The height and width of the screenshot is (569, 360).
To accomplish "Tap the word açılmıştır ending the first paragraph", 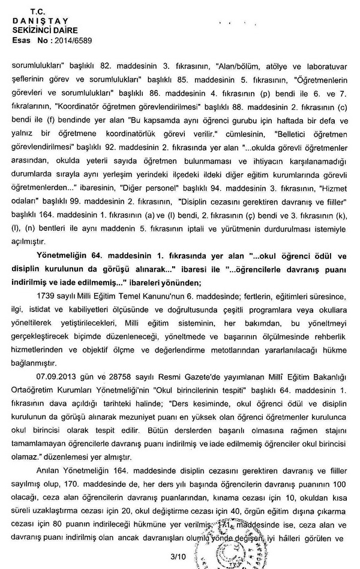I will coord(32,240).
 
